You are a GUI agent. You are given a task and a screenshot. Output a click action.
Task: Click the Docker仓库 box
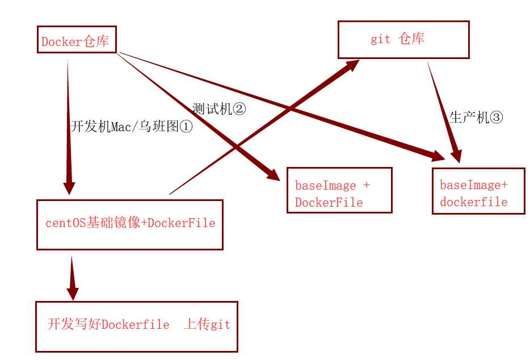click(77, 40)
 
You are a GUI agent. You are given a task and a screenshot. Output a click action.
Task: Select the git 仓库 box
click(403, 40)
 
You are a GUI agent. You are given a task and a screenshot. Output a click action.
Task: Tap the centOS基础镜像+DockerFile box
click(129, 224)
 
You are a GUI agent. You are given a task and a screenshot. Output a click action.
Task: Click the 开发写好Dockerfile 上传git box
click(136, 326)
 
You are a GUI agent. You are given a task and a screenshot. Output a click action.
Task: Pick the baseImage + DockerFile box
click(339, 190)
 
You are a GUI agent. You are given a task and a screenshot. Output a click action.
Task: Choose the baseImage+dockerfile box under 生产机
click(478, 191)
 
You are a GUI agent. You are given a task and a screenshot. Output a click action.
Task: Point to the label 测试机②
click(219, 108)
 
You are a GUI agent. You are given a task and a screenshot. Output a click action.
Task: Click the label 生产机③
click(476, 118)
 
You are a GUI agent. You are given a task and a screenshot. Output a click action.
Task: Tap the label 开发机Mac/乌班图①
click(132, 127)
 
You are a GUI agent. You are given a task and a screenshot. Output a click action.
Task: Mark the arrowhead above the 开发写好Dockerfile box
click(72, 293)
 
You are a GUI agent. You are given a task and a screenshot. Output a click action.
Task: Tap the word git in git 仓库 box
click(380, 40)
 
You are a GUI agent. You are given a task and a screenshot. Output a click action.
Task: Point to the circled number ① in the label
click(186, 127)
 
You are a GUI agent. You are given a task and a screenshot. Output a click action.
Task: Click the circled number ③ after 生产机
click(496, 118)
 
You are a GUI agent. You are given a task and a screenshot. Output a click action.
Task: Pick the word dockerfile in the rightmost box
click(473, 202)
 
